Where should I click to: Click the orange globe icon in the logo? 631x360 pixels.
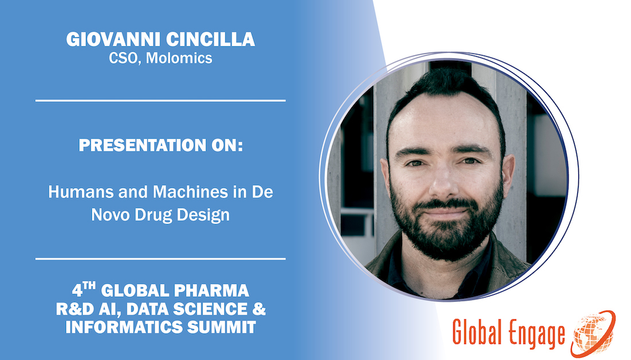click(593, 331)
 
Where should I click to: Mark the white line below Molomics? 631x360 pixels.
click(161, 100)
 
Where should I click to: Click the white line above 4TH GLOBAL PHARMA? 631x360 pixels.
click(161, 259)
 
